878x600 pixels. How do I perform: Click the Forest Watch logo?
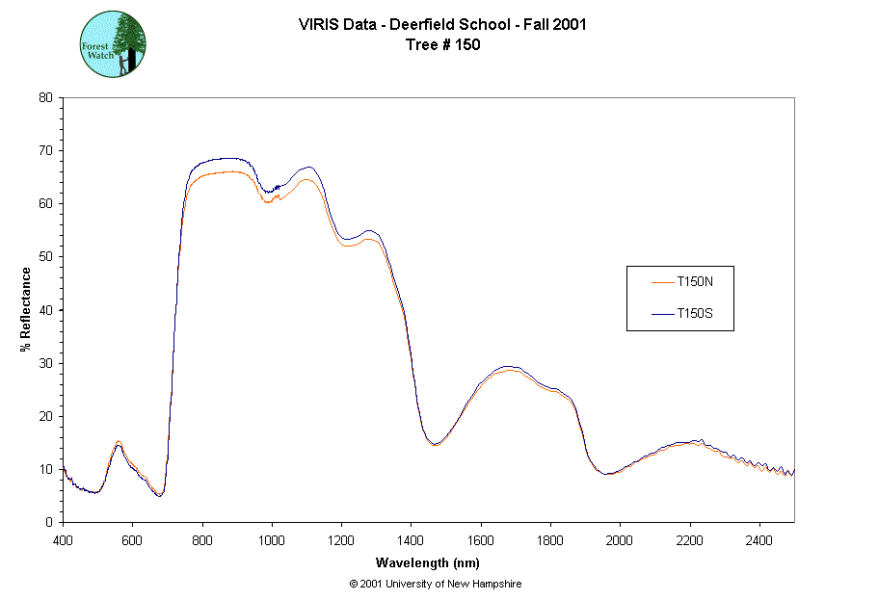coord(113,44)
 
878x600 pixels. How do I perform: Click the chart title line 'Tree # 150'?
coord(442,44)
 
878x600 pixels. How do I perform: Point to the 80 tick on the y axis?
coord(44,97)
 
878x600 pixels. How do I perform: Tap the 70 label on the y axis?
coord(44,150)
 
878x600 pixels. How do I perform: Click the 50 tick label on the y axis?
coord(44,256)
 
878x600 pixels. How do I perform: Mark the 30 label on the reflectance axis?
coord(44,363)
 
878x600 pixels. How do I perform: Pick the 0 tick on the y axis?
coord(48,522)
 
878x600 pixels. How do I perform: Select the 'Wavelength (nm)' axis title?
coord(428,562)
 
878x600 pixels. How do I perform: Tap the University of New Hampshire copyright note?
coord(436,584)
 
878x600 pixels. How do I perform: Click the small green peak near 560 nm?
coord(118,444)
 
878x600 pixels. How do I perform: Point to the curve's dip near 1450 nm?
coord(434,444)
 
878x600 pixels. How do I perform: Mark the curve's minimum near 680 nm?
coord(160,495)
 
